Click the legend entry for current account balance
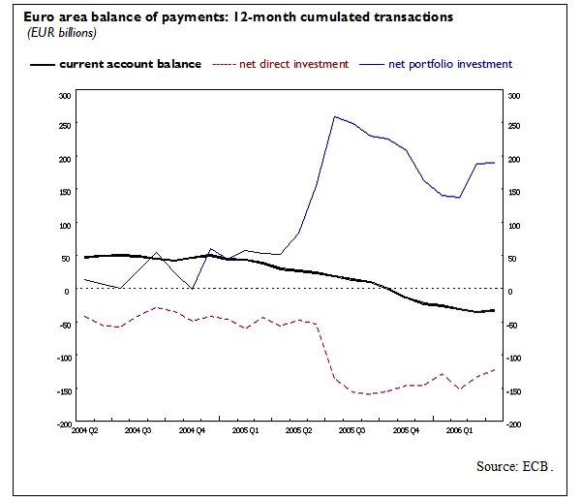coord(130,64)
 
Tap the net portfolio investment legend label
coord(449,64)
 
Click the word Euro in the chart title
coord(27,17)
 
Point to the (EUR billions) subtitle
coord(55,34)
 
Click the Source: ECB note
coord(514,466)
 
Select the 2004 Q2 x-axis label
coord(84,429)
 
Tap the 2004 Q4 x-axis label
coord(194,429)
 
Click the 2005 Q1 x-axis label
coord(249,429)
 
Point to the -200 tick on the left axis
coord(63,424)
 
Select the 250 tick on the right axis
coord(514,127)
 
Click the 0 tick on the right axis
coord(510,292)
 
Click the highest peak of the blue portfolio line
coord(334,116)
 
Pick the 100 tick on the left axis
coord(65,226)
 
